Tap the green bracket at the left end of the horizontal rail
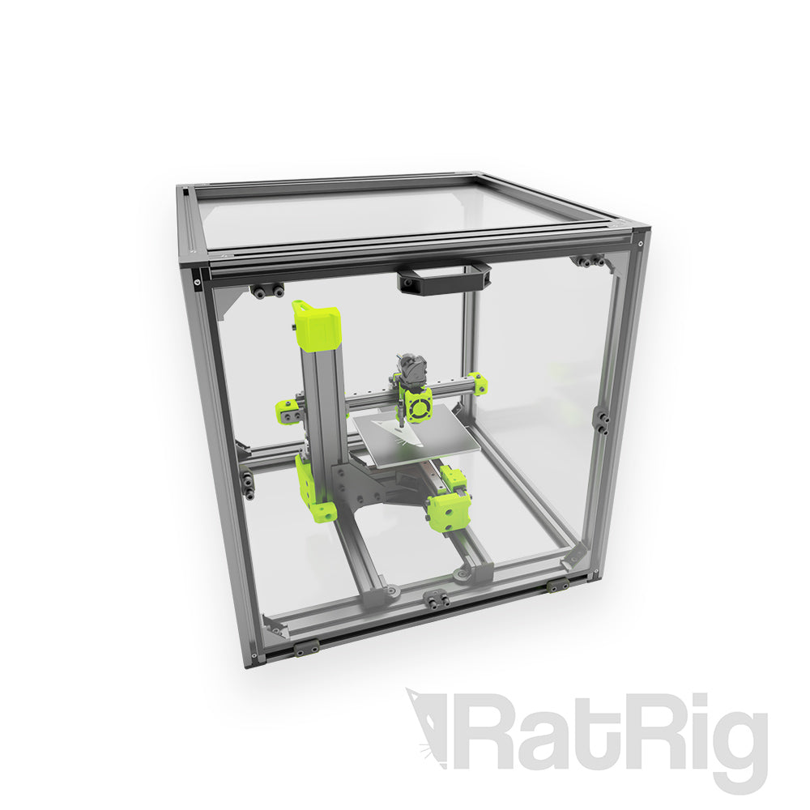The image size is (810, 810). pyautogui.click(x=288, y=411)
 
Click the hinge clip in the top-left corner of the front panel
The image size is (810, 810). pyautogui.click(x=267, y=291)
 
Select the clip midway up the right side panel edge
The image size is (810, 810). pyautogui.click(x=602, y=420)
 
